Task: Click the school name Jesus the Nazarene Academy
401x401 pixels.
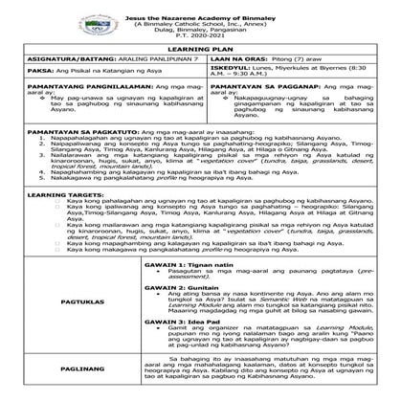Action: [199, 6]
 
